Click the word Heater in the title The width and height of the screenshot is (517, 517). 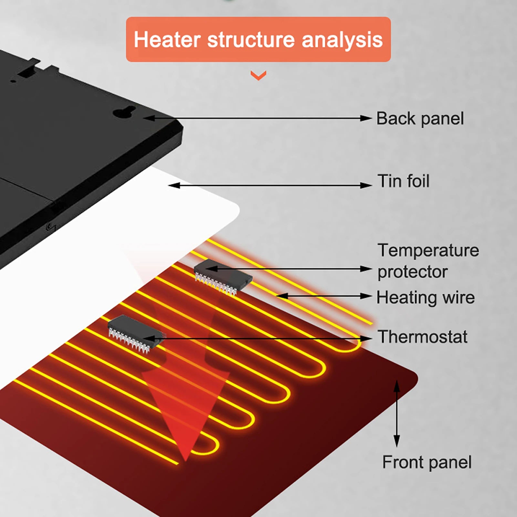pyautogui.click(x=167, y=40)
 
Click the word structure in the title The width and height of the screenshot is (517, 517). pyautogui.click(x=251, y=40)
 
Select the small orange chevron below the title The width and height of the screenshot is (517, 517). pyautogui.click(x=258, y=76)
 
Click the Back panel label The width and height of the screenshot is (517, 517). pyautogui.click(x=420, y=119)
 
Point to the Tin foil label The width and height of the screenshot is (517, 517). pyautogui.click(x=403, y=181)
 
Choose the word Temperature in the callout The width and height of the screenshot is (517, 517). pyautogui.click(x=428, y=250)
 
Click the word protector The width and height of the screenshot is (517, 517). pyautogui.click(x=412, y=272)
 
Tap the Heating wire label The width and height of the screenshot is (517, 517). pyautogui.click(x=425, y=297)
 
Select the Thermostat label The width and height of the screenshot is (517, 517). pyautogui.click(x=422, y=337)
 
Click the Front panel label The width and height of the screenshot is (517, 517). pyautogui.click(x=427, y=462)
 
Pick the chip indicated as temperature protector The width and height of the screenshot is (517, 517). pyautogui.click(x=223, y=276)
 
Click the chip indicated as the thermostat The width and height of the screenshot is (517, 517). pyautogui.click(x=136, y=333)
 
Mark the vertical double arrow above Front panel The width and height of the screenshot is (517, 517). pyautogui.click(x=397, y=413)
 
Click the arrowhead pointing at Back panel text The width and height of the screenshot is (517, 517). pyautogui.click(x=367, y=119)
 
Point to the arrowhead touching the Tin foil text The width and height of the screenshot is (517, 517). pyautogui.click(x=367, y=185)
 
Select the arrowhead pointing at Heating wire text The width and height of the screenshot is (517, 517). pyautogui.click(x=367, y=296)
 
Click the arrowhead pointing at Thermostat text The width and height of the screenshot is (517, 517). pyautogui.click(x=367, y=338)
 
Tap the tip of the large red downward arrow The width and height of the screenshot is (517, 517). pyautogui.click(x=185, y=460)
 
